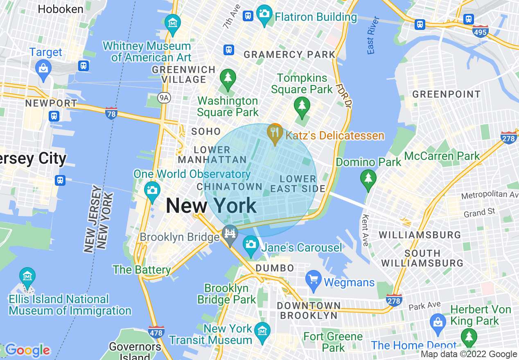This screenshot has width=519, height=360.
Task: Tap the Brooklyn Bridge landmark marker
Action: tap(230, 234)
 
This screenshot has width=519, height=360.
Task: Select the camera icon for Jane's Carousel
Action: tap(250, 245)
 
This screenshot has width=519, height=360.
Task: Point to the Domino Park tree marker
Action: tap(368, 178)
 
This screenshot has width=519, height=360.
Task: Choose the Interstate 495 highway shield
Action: tap(480, 32)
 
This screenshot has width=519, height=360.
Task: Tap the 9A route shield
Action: tap(164, 97)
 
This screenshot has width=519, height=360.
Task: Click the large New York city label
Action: tap(211, 205)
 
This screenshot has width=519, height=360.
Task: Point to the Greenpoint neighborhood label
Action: tap(446, 94)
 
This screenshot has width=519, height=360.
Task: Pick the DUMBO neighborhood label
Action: tap(275, 268)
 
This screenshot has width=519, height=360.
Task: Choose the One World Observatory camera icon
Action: tap(152, 191)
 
